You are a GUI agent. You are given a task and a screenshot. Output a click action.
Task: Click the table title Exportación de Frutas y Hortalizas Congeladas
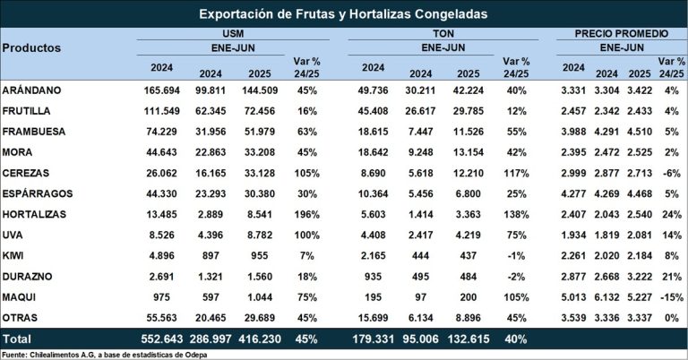coord(343,14)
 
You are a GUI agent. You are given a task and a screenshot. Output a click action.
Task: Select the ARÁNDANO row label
coord(32,91)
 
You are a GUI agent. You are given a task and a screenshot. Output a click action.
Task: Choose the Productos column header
coord(31,47)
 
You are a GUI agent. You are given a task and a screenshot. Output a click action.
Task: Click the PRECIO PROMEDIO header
coord(617,32)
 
